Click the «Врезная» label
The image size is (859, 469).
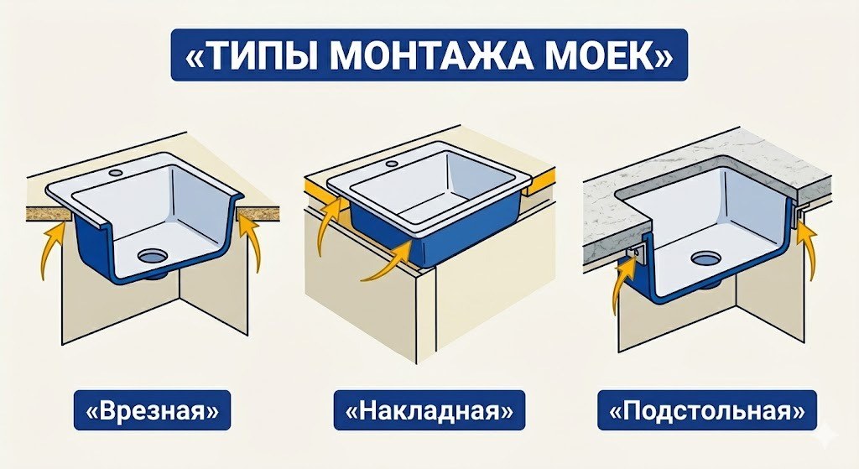[x=152, y=411]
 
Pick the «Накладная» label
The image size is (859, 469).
[x=429, y=411]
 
